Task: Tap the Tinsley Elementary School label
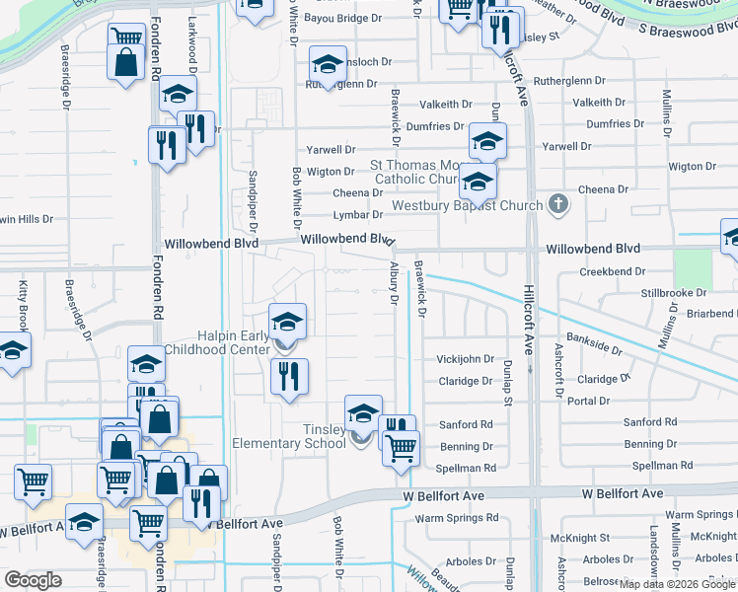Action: point(288,436)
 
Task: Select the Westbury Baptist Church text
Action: point(469,206)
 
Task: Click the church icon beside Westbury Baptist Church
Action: point(557,205)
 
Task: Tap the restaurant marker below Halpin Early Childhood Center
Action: point(289,376)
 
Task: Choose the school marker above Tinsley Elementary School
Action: point(363,412)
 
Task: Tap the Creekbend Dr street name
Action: point(605,271)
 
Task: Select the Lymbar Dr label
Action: point(357,214)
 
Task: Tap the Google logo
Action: point(33,580)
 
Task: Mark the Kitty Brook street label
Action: point(23,305)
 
